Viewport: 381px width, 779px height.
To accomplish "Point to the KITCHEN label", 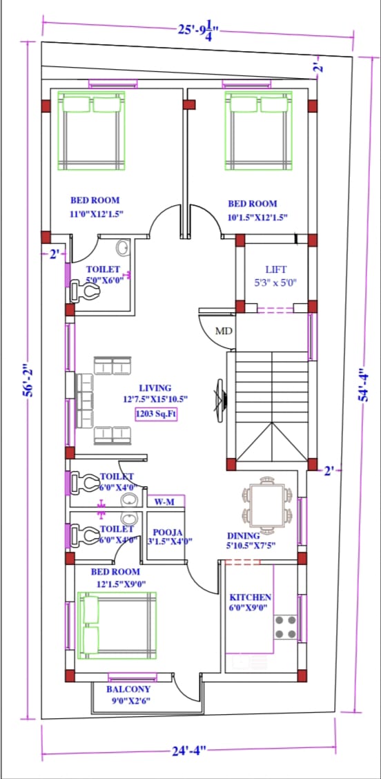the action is (x=251, y=597).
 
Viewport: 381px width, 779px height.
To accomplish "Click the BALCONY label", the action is (x=128, y=689).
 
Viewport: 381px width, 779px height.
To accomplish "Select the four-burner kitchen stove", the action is (x=286, y=626).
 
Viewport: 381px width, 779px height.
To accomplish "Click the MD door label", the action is (x=224, y=330).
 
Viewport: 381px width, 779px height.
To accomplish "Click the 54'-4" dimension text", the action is (x=365, y=385).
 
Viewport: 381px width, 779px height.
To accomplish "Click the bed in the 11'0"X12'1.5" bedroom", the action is (x=91, y=131).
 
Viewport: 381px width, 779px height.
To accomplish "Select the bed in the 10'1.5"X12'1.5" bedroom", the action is (x=258, y=131).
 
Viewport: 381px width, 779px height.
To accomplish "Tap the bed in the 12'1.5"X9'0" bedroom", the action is (x=118, y=625).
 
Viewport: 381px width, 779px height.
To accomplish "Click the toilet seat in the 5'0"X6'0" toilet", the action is (x=84, y=291).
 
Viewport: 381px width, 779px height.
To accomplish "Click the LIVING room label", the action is (x=155, y=388).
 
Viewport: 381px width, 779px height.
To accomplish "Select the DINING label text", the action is (x=244, y=536).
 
